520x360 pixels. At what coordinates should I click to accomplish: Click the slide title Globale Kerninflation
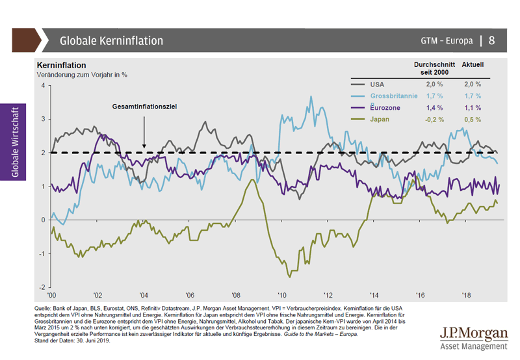(111, 40)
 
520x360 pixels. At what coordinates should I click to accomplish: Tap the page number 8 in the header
(491, 40)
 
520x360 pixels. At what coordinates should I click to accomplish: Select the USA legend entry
(377, 84)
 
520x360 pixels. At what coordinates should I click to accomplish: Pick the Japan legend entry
(380, 120)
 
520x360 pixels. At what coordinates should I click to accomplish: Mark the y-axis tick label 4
(42, 86)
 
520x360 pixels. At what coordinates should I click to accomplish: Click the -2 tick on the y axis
(41, 287)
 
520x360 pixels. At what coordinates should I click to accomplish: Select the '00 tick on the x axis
(51, 295)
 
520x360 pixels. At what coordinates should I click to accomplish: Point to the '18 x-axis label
(466, 295)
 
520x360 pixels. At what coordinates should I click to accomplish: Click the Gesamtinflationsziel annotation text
(145, 106)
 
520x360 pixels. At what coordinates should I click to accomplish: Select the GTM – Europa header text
(445, 41)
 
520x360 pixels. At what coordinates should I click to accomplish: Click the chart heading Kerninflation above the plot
(62, 66)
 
